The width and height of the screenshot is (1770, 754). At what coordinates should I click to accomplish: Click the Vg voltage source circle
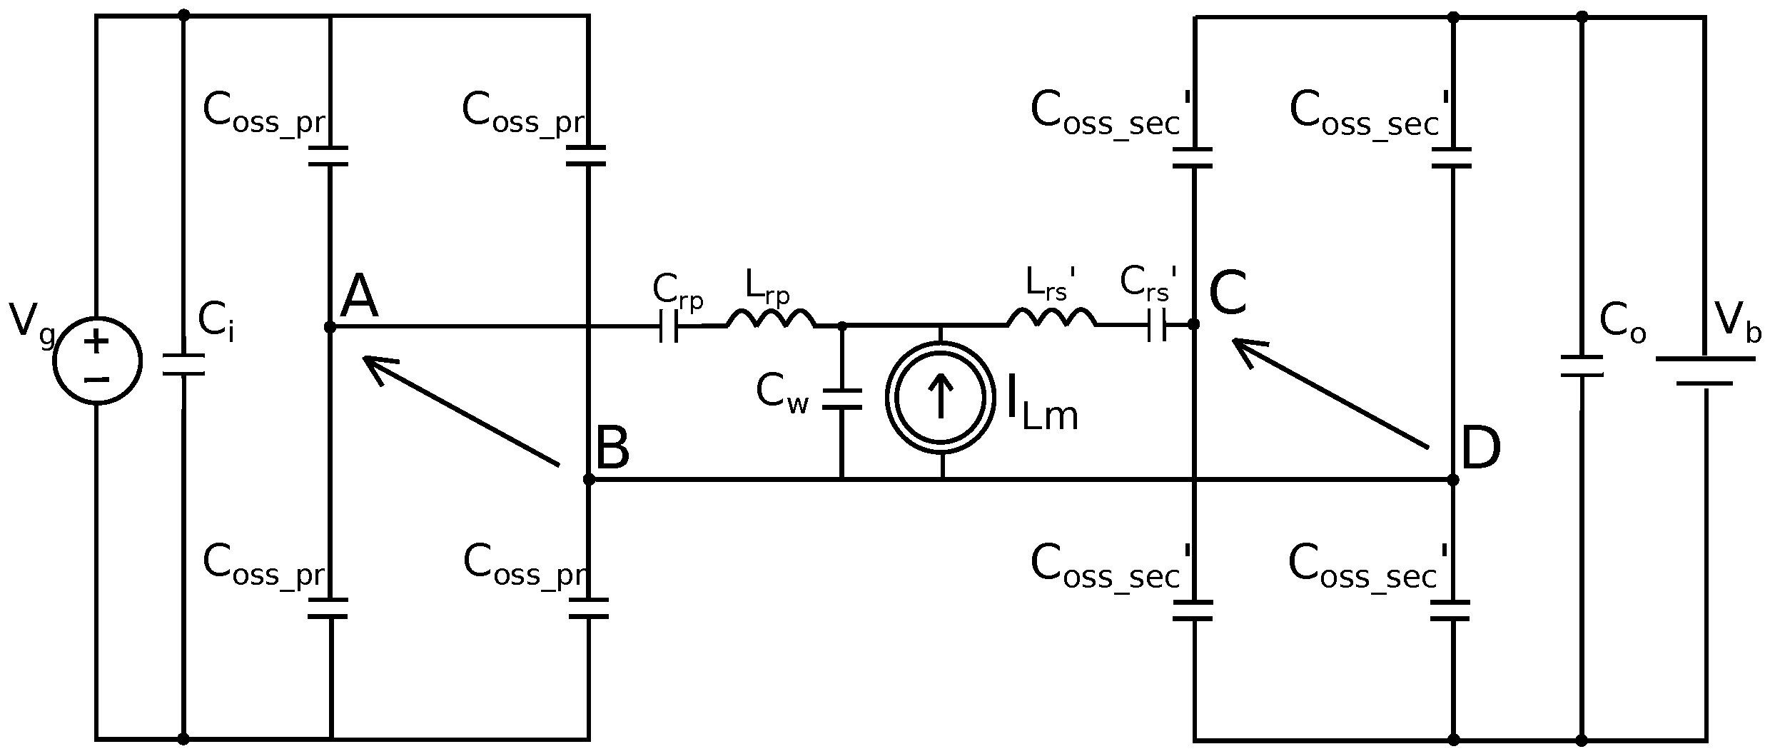coord(98,361)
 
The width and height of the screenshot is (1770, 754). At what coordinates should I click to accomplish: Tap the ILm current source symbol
coord(941,398)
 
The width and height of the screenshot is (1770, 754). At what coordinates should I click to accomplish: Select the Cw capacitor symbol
coord(842,399)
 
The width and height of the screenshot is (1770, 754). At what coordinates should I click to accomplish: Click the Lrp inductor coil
coord(771,320)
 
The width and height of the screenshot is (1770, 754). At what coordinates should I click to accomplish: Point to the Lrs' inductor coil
coord(1051,318)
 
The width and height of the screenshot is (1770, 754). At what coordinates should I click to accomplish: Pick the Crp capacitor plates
coord(669,326)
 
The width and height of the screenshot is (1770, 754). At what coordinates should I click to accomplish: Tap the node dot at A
coord(330,327)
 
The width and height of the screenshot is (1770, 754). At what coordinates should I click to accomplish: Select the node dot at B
coord(589,479)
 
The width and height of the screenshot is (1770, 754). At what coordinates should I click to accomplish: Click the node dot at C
coord(1193,324)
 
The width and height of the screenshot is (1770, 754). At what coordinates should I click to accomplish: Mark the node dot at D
coord(1452,480)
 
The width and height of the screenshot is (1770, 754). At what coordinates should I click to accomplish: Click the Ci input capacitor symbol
coord(183,365)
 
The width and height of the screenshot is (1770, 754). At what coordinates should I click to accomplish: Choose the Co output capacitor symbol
coord(1582,366)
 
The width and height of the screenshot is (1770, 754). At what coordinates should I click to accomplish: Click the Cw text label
coord(782,393)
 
